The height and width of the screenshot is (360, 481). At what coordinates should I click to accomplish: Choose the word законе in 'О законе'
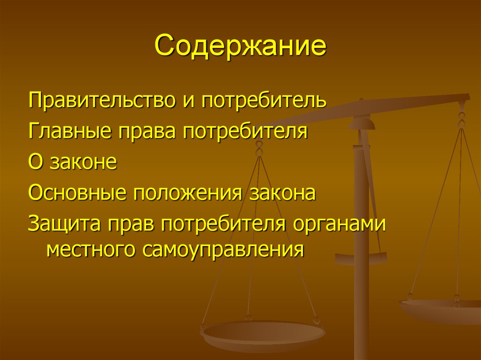83,162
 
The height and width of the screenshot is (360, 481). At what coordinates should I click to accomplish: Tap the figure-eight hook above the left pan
258,149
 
